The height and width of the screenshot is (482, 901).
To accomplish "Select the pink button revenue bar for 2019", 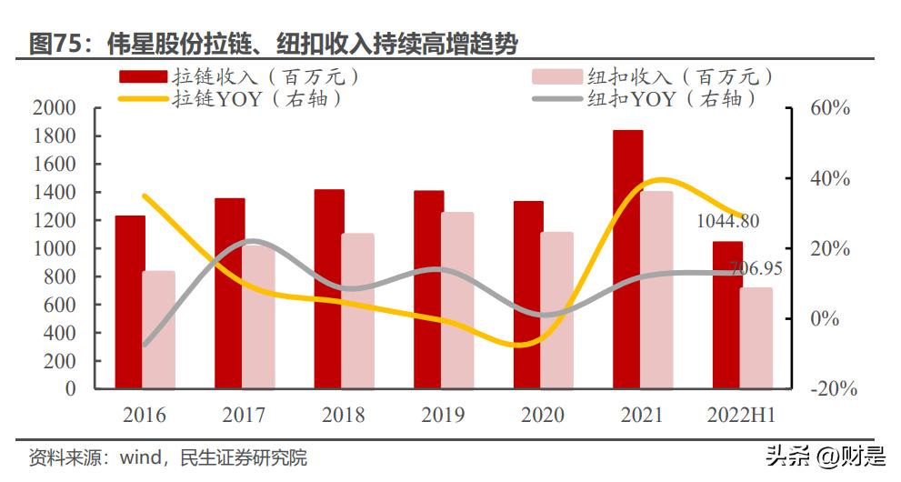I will click(x=457, y=300).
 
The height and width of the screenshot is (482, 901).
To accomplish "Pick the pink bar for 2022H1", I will click(x=756, y=337).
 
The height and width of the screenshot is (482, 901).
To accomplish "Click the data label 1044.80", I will click(x=727, y=221).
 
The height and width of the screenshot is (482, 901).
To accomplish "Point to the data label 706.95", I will click(x=749, y=268).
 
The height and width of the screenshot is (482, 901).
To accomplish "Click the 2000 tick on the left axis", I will click(x=57, y=108).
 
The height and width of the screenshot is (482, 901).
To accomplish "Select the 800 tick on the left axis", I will click(x=62, y=276).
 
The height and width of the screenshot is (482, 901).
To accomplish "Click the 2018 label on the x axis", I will click(x=344, y=416).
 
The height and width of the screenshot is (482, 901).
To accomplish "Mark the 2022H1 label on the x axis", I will click(x=741, y=416).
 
